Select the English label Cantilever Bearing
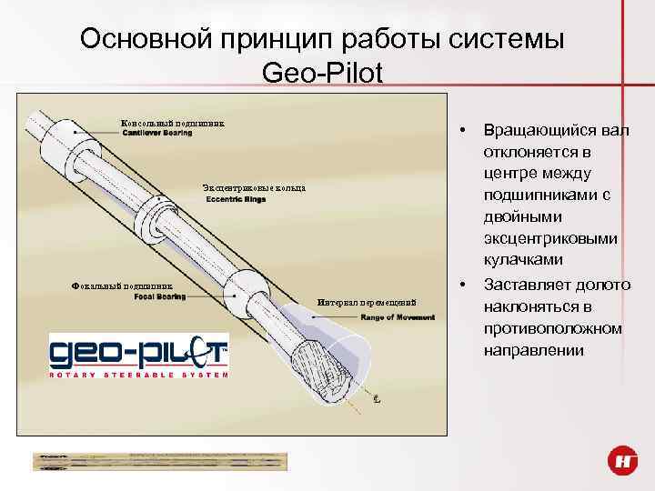pyautogui.click(x=157, y=134)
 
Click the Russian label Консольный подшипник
pyautogui.click(x=172, y=123)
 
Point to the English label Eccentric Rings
pyautogui.click(x=236, y=199)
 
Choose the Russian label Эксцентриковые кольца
pyautogui.click(x=254, y=188)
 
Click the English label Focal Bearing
pyautogui.click(x=160, y=296)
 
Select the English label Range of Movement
pyautogui.click(x=398, y=317)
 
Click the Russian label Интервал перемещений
pyautogui.click(x=367, y=302)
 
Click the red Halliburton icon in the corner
pyautogui.click(x=624, y=461)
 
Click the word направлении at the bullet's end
pyautogui.click(x=534, y=349)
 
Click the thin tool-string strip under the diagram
pyautogui.click(x=159, y=460)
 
